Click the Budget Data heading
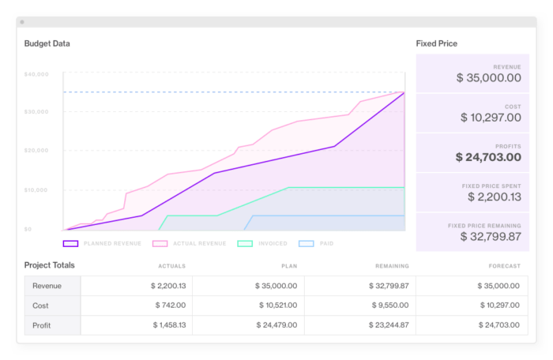[x=47, y=43]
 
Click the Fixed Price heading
[x=437, y=43]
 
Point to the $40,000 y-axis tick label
[x=37, y=74]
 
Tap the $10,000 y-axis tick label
[x=37, y=190]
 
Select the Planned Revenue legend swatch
[x=70, y=244]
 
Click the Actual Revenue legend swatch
[x=160, y=244]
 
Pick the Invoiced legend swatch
[x=245, y=244]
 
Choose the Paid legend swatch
[x=307, y=244]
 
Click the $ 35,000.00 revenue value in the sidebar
[x=489, y=78]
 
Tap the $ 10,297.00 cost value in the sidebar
[x=491, y=118]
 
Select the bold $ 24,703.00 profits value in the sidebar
[x=488, y=157]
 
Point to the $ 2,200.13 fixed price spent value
[x=494, y=197]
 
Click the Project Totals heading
[x=50, y=265]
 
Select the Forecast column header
[x=504, y=266]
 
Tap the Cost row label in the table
[x=41, y=305]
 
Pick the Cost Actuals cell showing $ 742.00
[x=168, y=305]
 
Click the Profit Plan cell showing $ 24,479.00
[x=276, y=324]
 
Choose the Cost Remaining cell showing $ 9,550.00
[x=390, y=305]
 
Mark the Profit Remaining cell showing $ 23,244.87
[x=387, y=324]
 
